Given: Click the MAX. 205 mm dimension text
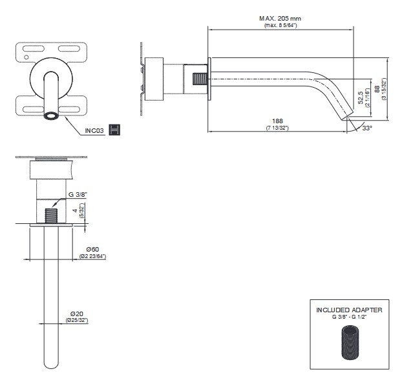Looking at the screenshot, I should [x=280, y=19].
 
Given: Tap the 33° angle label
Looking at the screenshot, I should [x=368, y=128].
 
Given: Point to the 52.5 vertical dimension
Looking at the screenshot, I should [x=361, y=99].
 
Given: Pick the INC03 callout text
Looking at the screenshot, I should [x=95, y=130].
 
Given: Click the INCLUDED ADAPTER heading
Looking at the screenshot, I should [x=349, y=310].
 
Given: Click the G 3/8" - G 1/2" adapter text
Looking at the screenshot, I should [x=349, y=317].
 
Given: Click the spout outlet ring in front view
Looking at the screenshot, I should [x=50, y=115].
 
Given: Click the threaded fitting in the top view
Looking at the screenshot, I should [x=50, y=214].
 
